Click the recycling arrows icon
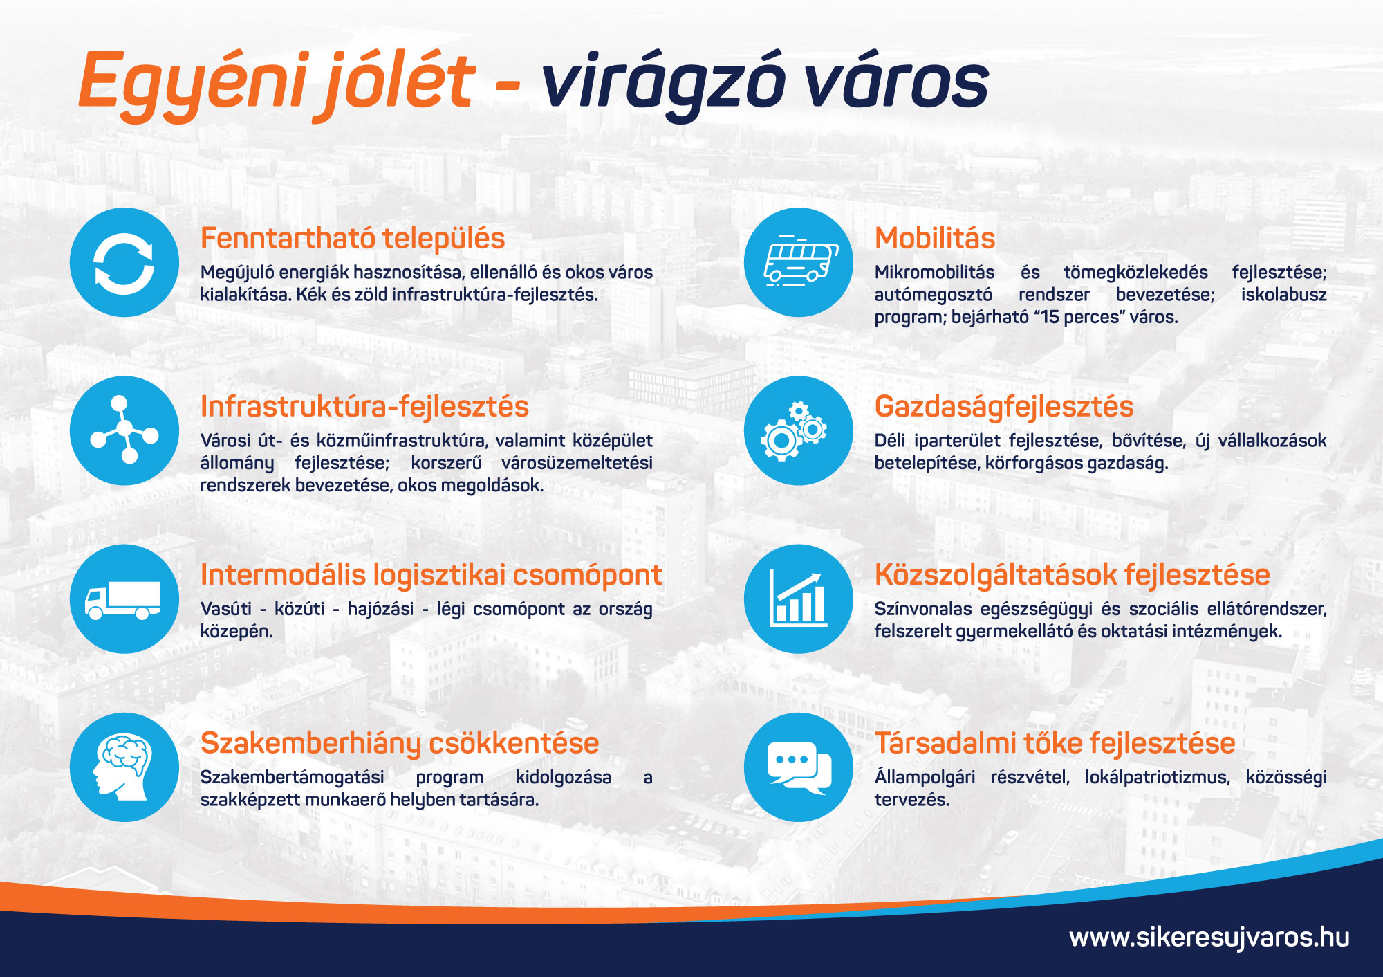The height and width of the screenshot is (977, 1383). coord(124,262)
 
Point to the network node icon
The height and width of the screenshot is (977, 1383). coord(124,430)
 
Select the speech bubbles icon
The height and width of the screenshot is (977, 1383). coord(799,767)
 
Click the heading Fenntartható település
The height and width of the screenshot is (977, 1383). coord(353,239)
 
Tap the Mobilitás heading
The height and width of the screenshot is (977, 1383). coord(935,239)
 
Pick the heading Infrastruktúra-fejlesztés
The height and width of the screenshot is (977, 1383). coord(364,408)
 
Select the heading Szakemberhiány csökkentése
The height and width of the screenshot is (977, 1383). coord(400,744)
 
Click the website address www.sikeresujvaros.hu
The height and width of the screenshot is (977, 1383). coord(1209,938)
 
